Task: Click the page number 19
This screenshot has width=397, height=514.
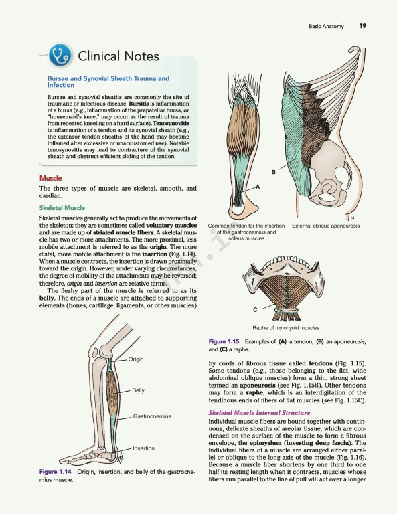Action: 362,26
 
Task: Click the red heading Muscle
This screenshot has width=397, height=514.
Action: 50,178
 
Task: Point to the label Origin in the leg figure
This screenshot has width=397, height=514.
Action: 136,359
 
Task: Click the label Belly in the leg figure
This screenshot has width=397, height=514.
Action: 138,390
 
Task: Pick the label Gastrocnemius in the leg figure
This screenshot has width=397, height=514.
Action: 153,416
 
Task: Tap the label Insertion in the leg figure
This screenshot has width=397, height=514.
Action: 143,448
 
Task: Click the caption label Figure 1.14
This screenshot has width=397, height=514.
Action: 56,473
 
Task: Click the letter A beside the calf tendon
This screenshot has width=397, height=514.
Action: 258,188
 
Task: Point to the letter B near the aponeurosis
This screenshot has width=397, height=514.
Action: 273,173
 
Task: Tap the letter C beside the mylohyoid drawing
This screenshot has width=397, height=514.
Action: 254,309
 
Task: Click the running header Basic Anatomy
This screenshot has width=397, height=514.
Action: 326,26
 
